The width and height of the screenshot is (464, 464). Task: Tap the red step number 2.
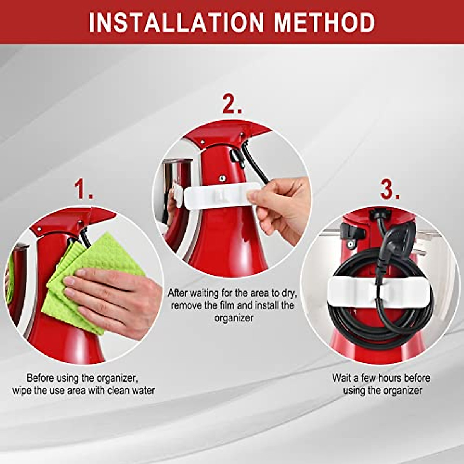tap(232, 105)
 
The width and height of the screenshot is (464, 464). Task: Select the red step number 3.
tap(390, 190)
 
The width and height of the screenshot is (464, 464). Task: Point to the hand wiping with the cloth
tap(116, 298)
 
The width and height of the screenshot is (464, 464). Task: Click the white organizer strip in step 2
tap(217, 195)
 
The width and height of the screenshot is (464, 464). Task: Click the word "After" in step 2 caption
tap(177, 293)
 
